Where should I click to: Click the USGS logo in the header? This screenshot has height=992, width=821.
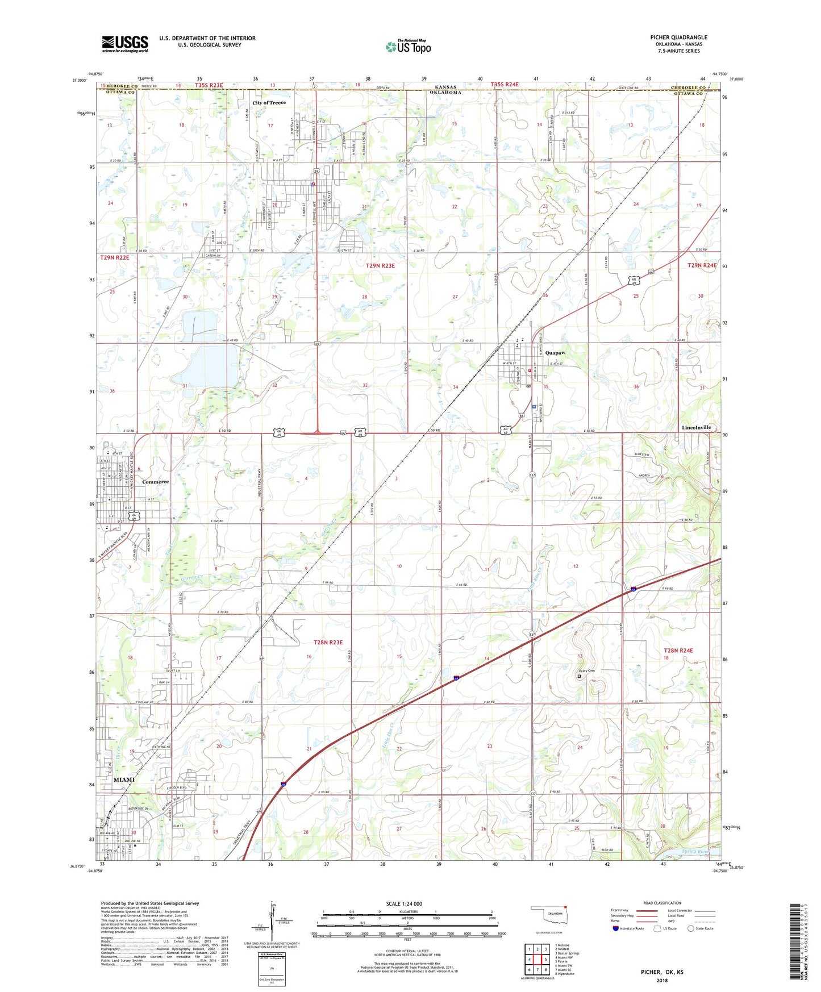pyautogui.click(x=125, y=44)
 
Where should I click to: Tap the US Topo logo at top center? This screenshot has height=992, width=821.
pyautogui.click(x=408, y=47)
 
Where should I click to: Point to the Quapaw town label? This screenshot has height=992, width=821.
pyautogui.click(x=555, y=353)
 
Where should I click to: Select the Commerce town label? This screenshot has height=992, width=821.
pyautogui.click(x=155, y=482)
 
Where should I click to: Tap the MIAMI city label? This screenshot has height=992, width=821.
pyautogui.click(x=124, y=780)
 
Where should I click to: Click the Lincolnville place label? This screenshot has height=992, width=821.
pyautogui.click(x=696, y=427)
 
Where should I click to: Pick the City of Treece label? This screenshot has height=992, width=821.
pyautogui.click(x=269, y=103)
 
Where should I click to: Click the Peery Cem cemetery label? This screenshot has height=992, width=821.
pyautogui.click(x=587, y=671)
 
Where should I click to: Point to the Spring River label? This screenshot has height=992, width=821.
pyautogui.click(x=695, y=851)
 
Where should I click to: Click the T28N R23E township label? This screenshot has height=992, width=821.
pyautogui.click(x=328, y=643)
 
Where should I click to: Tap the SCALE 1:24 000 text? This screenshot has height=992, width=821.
pyautogui.click(x=404, y=903)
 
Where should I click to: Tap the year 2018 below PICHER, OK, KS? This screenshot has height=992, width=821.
pyautogui.click(x=662, y=980)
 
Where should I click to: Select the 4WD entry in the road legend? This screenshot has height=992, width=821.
pyautogui.click(x=672, y=922)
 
